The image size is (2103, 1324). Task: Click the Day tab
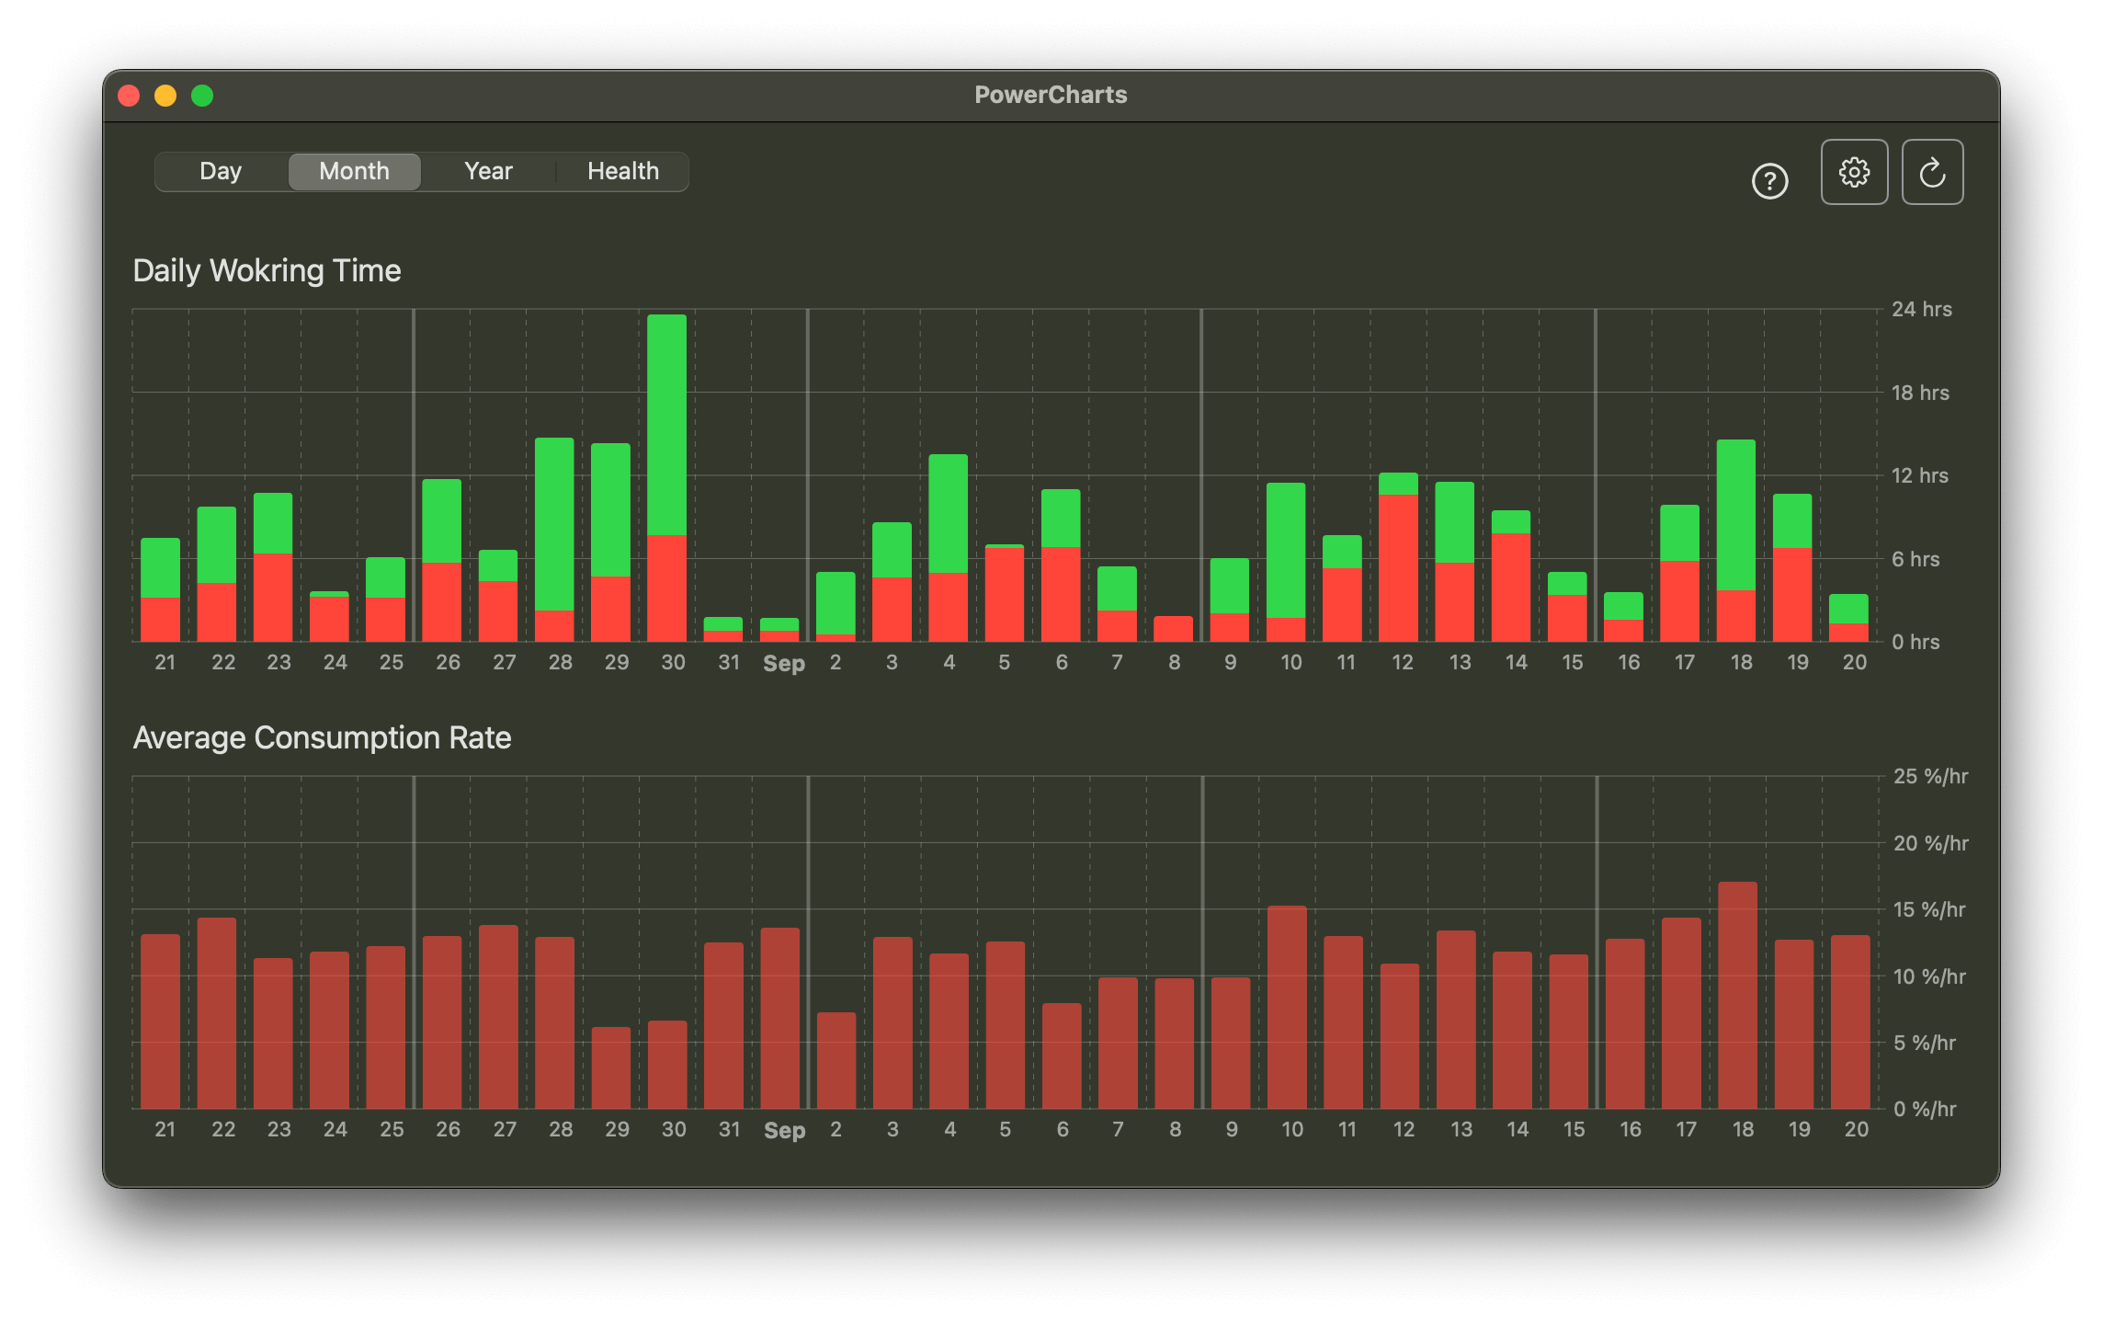coord(221,172)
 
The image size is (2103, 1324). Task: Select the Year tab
coord(488,172)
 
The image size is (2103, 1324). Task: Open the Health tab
coord(623,172)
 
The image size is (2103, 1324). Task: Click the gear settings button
coord(1854,172)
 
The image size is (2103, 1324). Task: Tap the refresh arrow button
coord(1932,172)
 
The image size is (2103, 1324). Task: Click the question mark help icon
coord(1769,181)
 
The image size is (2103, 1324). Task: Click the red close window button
coord(129,96)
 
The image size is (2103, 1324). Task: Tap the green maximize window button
coord(202,96)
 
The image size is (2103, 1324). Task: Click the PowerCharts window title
coord(1051,95)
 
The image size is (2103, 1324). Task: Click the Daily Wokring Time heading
coord(267,271)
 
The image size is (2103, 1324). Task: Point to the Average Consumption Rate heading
coord(322,738)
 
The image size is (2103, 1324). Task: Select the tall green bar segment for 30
coord(666,423)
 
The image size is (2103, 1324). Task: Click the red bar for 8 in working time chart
coord(1173,629)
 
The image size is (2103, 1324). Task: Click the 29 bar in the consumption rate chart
coord(611,1067)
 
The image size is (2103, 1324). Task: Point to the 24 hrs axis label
coord(1921,310)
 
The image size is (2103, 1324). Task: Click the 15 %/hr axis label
coord(1928,910)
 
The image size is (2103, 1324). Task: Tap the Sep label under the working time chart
coord(783,664)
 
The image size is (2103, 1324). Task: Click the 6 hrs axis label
coord(1915,560)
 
